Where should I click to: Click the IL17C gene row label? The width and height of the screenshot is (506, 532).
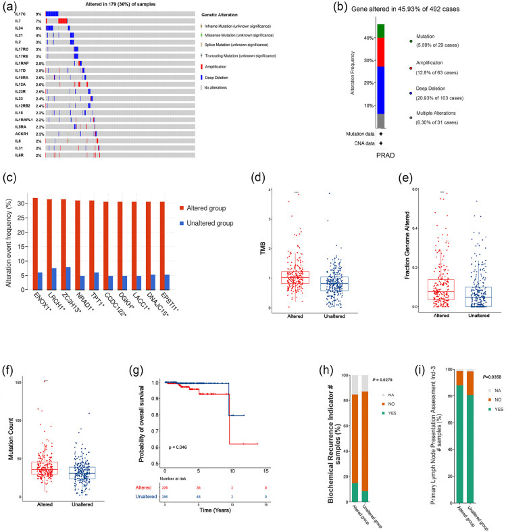click(x=21, y=14)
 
